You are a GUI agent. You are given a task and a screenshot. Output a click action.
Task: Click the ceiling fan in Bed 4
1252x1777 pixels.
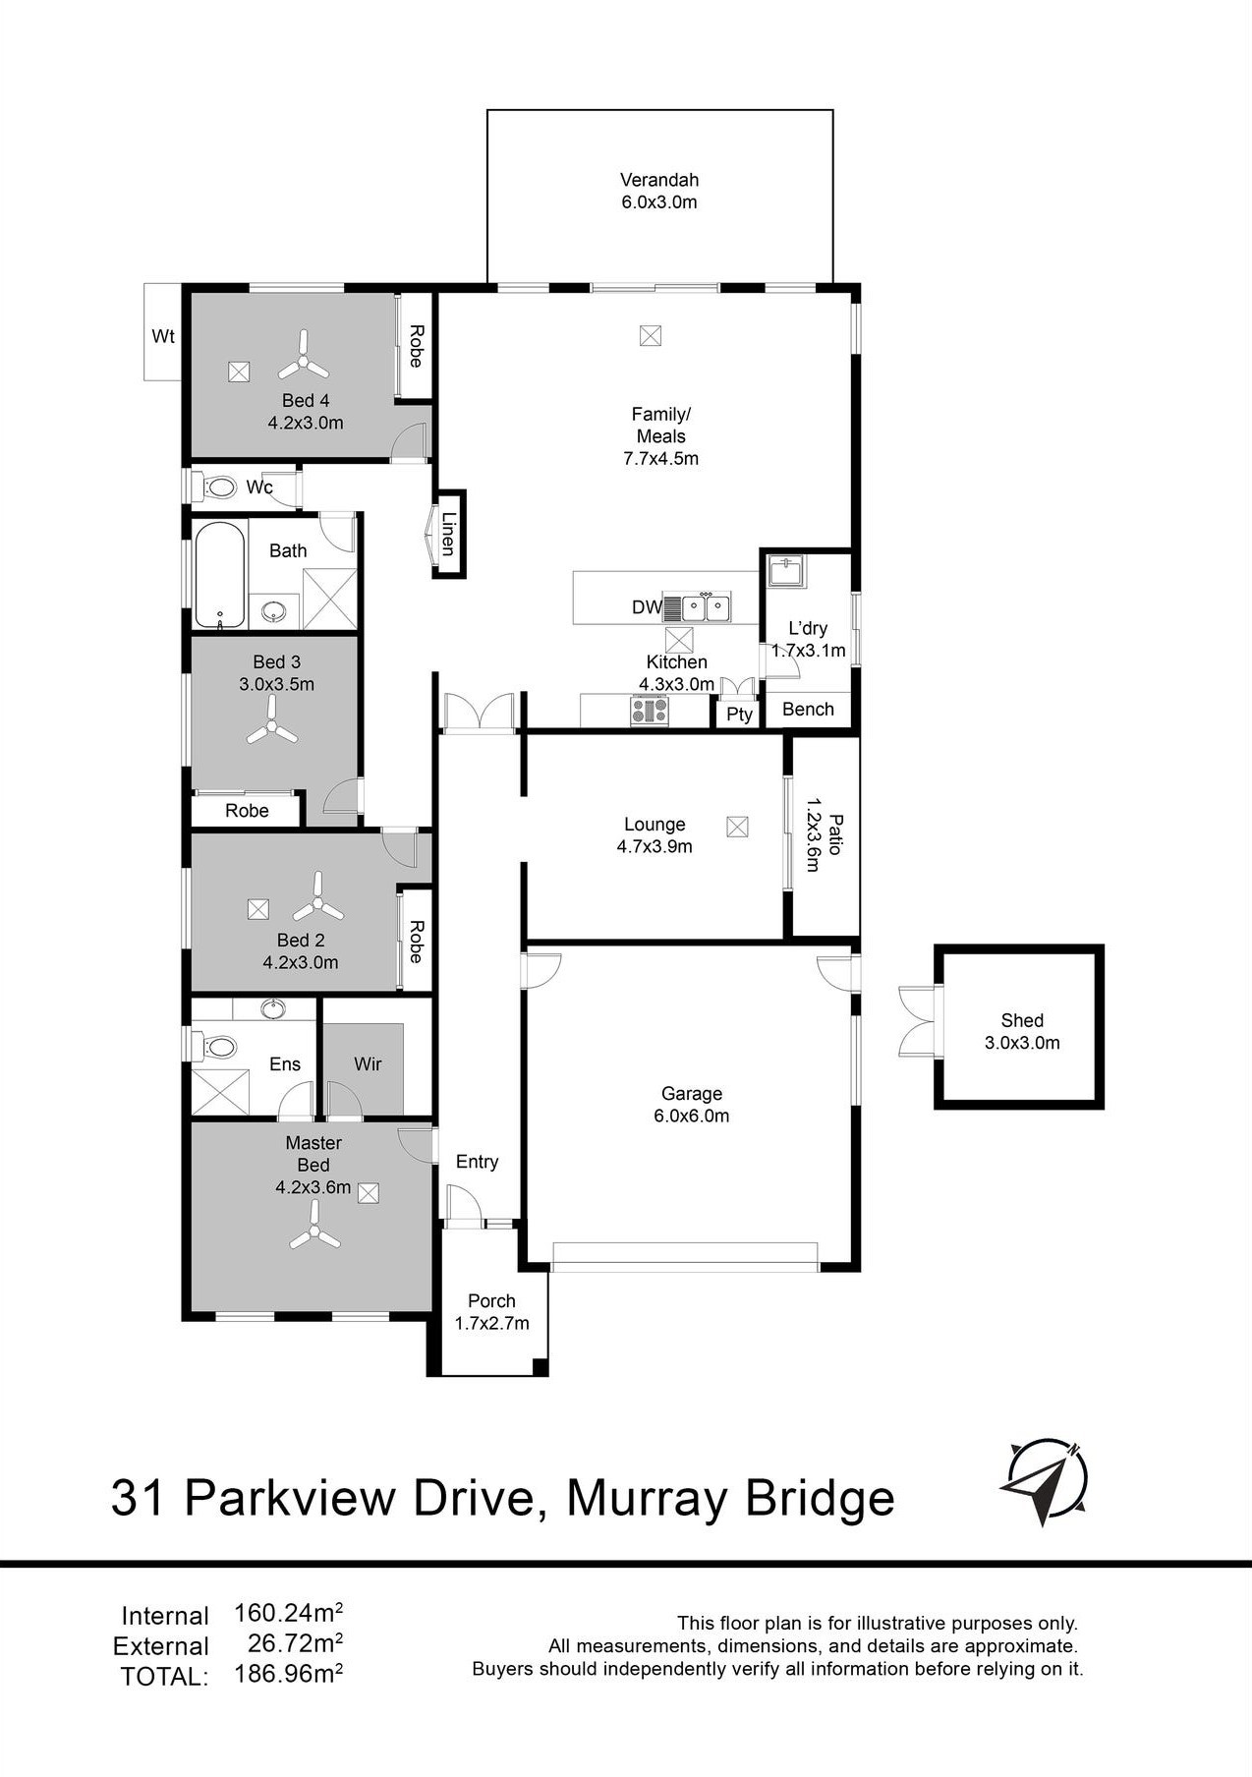tap(304, 357)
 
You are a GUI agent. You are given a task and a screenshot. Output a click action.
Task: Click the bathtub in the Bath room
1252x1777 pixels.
tap(219, 575)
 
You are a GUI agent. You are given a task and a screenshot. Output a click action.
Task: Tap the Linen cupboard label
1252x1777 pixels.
tap(448, 534)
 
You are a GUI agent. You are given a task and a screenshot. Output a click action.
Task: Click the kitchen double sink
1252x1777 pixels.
tap(706, 608)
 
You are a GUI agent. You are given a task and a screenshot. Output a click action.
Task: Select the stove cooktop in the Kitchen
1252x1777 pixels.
tap(650, 710)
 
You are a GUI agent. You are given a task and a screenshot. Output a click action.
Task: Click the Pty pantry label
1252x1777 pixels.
tap(739, 715)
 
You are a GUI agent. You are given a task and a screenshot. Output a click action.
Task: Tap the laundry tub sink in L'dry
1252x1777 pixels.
tap(787, 572)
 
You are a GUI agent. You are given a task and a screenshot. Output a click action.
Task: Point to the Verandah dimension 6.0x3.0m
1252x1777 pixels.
tap(658, 202)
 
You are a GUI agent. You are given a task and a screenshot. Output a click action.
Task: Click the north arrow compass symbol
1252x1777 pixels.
tap(1044, 1483)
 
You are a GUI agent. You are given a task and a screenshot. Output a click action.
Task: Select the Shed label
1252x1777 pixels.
tap(1022, 1020)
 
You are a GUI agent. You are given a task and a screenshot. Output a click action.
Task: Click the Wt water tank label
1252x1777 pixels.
tap(163, 336)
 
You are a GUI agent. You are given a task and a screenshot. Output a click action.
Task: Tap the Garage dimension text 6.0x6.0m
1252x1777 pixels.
tap(692, 1116)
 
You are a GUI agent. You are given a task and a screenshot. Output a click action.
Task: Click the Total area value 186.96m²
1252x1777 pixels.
tap(289, 1674)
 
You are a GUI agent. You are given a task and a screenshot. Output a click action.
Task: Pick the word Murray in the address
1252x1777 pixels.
tap(649, 1500)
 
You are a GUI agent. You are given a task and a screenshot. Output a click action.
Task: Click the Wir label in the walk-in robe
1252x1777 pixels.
tap(368, 1063)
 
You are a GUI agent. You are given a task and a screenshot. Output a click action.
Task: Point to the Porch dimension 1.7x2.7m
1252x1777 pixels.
tap(491, 1323)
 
